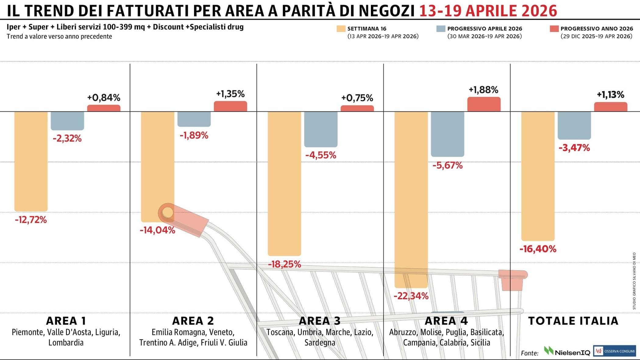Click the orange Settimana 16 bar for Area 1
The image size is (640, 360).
[x=31, y=161]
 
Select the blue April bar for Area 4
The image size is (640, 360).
[x=447, y=134]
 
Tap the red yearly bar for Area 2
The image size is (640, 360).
[x=230, y=106]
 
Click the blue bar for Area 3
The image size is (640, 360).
[x=321, y=129]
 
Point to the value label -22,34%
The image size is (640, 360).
[x=411, y=296]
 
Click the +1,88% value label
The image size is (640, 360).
[x=483, y=90]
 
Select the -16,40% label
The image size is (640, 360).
[x=538, y=249]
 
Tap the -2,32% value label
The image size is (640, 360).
[x=67, y=139]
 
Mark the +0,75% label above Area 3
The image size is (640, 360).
[x=357, y=98]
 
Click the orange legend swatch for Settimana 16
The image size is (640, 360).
[x=341, y=29]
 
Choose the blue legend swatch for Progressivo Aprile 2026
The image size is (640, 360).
[x=441, y=29]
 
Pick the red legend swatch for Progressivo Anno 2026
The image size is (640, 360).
[x=554, y=29]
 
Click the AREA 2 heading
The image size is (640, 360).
[x=193, y=321]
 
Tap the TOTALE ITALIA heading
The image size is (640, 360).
[x=573, y=321]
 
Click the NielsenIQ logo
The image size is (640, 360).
[x=567, y=352]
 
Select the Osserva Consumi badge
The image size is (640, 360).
[x=614, y=351]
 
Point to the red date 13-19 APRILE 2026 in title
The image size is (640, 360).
[x=488, y=11]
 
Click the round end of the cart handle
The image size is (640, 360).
[x=167, y=212]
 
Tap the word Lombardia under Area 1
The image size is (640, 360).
[x=66, y=343]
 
